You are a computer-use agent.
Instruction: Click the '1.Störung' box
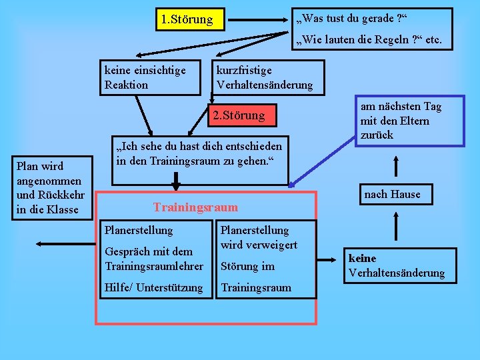point(187,19)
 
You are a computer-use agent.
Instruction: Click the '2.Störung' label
point(238,115)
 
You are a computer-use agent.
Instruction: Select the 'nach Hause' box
point(392,194)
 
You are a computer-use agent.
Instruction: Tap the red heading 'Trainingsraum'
point(195,207)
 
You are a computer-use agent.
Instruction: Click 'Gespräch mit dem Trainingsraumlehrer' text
point(154,259)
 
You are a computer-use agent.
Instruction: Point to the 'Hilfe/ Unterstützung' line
point(154,287)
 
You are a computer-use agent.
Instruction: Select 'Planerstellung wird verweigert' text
point(259,237)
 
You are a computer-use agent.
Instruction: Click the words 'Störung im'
point(248,266)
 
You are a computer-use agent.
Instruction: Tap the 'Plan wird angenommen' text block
point(50,188)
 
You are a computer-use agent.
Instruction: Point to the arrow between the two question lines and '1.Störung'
point(260,19)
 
